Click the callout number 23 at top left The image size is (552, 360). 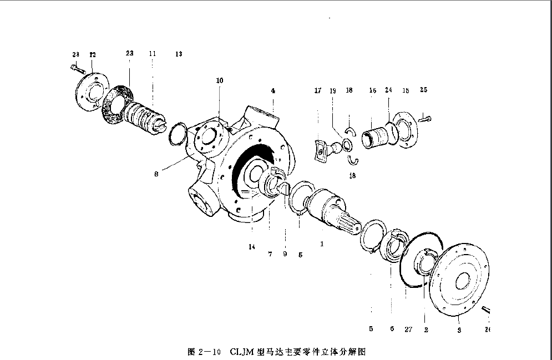pos(129,53)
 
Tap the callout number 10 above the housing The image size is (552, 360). pos(220,80)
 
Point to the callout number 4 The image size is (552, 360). pos(273,90)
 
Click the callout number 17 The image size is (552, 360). pos(318,90)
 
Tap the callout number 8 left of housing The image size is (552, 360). pos(157,174)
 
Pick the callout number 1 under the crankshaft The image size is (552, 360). pos(321,243)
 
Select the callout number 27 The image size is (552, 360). pos(408,329)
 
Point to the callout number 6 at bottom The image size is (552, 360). pos(392,329)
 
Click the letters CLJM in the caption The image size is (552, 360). pos(241,352)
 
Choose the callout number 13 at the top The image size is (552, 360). pos(178,54)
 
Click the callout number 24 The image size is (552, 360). pos(388,90)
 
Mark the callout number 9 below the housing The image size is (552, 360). pos(285,255)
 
